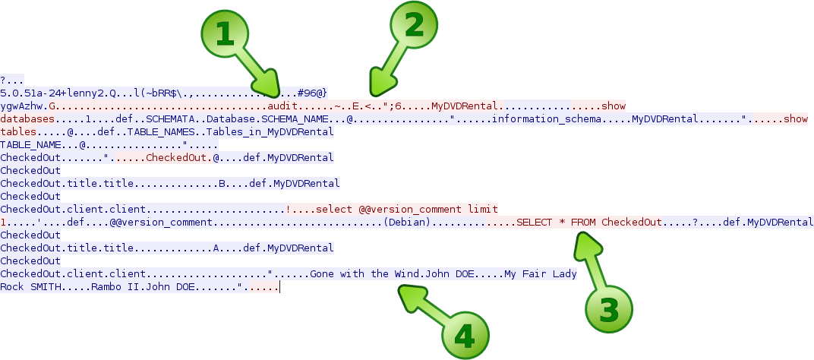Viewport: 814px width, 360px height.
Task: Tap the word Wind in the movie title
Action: (x=405, y=273)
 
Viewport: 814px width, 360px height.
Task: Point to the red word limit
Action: (x=483, y=209)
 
